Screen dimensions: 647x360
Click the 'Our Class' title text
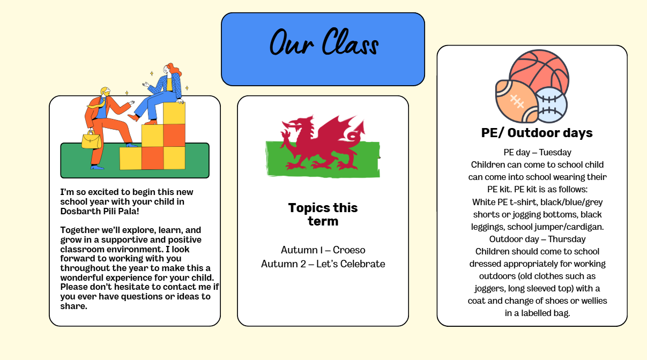(x=324, y=42)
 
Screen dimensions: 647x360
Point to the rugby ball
(x=517, y=102)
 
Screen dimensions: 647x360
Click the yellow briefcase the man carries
(x=91, y=140)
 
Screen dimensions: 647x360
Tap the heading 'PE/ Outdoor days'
(x=537, y=133)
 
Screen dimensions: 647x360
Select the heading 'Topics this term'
(x=323, y=214)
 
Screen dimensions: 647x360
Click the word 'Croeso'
(x=349, y=250)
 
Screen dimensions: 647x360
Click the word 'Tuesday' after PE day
(x=555, y=152)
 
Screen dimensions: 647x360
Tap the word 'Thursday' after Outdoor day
(x=567, y=239)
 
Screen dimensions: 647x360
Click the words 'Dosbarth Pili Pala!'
(x=100, y=211)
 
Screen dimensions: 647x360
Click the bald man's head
(x=106, y=91)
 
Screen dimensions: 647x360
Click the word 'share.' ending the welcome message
(x=73, y=306)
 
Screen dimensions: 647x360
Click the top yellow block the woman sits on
(x=174, y=113)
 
